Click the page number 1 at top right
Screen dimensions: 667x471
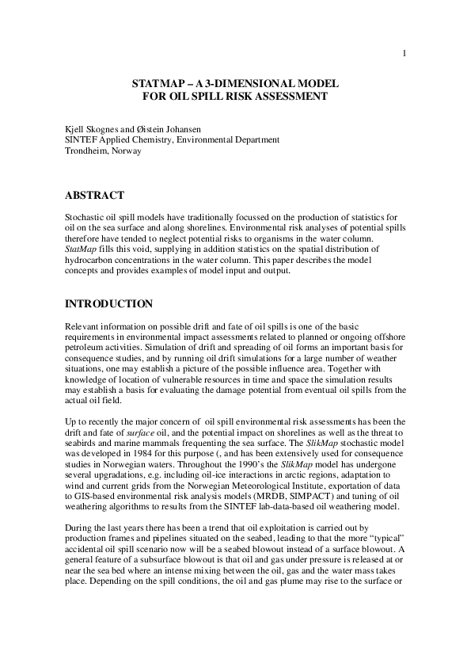[x=405, y=54]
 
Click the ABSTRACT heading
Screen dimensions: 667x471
[x=93, y=195]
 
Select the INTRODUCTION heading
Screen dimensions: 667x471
[x=109, y=303]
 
